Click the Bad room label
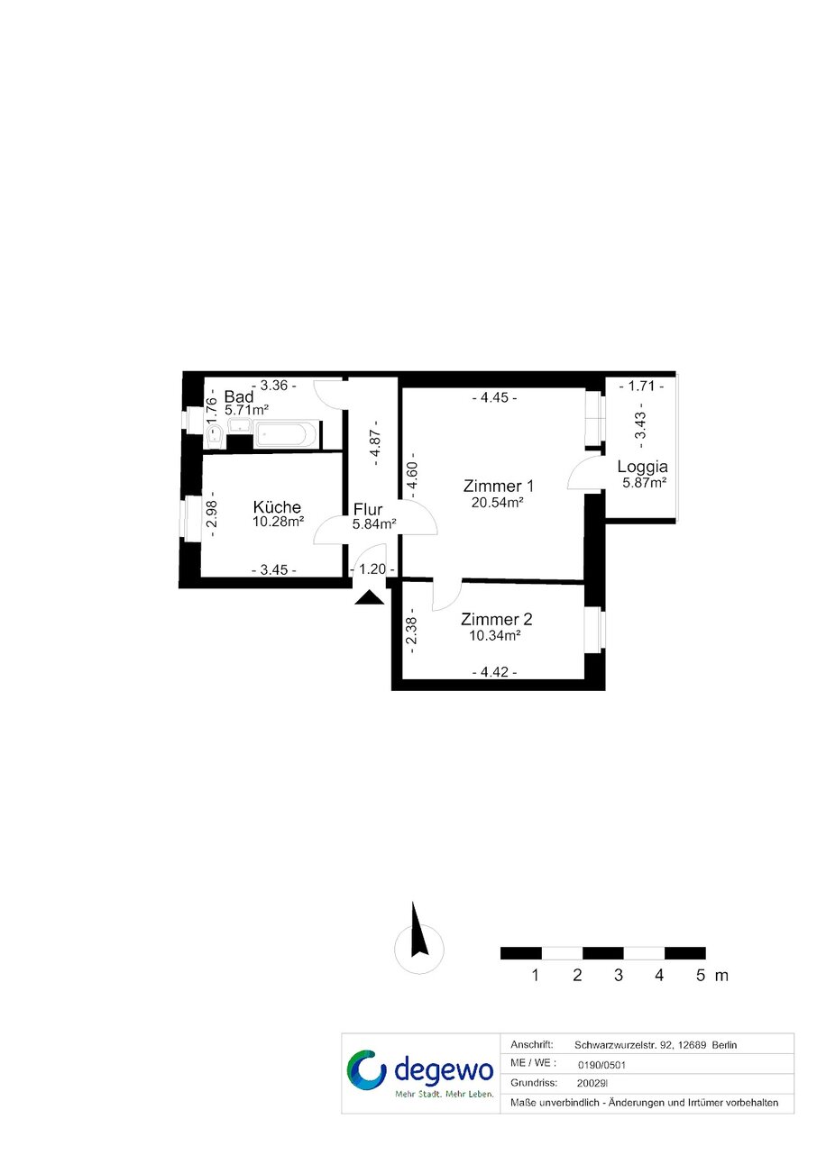point(238,397)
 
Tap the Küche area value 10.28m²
point(278,522)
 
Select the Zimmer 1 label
point(498,486)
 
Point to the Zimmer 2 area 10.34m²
point(494,635)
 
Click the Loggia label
point(642,467)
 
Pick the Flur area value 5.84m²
point(374,524)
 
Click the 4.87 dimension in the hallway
point(376,443)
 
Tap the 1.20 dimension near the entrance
point(372,568)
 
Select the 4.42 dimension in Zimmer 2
point(494,672)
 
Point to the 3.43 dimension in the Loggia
point(640,425)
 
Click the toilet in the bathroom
point(215,437)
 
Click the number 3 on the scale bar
point(619,975)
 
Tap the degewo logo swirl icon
point(367,1069)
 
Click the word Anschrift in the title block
point(532,1045)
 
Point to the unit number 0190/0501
point(601,1065)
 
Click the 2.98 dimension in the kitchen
point(211,513)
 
